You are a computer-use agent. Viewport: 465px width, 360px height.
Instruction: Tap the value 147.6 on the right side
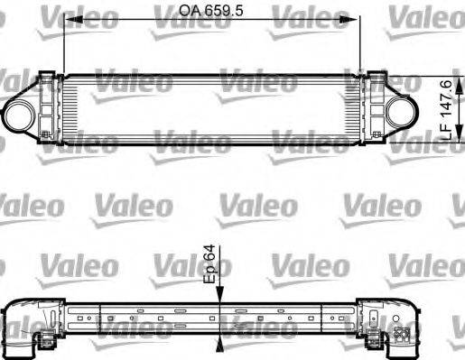click(445, 97)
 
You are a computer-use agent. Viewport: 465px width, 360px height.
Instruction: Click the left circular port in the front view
click(20, 113)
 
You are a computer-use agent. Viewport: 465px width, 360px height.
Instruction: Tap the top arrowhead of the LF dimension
click(433, 75)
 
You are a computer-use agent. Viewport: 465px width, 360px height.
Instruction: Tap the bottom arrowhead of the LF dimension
click(433, 149)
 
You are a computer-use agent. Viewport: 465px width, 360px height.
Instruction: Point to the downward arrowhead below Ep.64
click(219, 296)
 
